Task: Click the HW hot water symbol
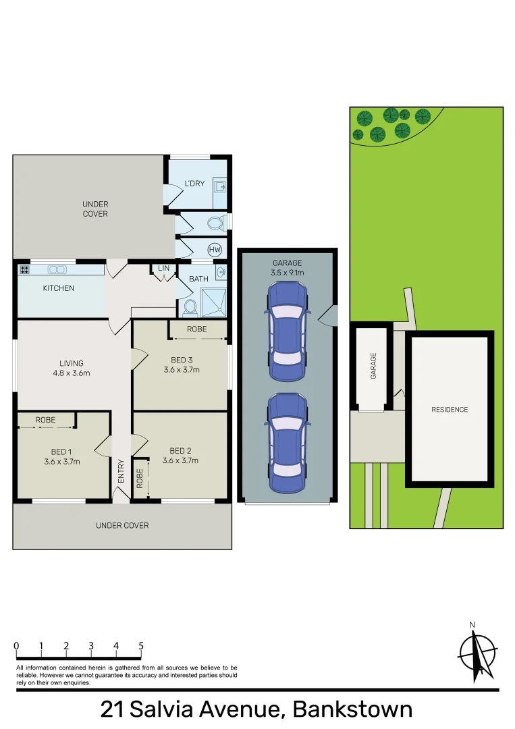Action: click(215, 249)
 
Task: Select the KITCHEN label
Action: click(59, 288)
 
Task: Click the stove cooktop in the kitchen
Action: click(25, 270)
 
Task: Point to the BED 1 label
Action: click(59, 452)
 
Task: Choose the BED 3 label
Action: click(182, 360)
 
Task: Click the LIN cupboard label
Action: click(163, 269)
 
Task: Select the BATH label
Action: click(198, 279)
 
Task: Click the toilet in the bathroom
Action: click(190, 308)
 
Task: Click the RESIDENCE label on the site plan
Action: click(450, 410)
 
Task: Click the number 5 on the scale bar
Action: click(141, 646)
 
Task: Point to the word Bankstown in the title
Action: click(352, 710)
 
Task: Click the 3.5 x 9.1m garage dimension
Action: click(288, 273)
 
